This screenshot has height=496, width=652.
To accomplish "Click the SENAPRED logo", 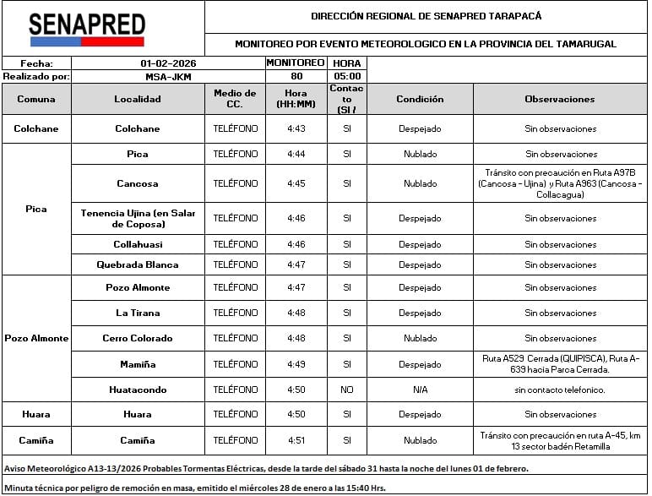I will pyautogui.click(x=86, y=29).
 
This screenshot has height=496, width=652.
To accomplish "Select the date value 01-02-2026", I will pyautogui.click(x=167, y=63).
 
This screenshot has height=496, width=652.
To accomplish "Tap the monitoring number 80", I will pyautogui.click(x=296, y=76).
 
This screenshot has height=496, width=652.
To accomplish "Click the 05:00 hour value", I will pyautogui.click(x=346, y=76).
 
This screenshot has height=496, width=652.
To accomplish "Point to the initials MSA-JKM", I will pyautogui.click(x=167, y=76).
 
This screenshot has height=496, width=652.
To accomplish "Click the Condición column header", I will pyautogui.click(x=420, y=99).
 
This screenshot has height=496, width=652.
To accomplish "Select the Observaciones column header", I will pyautogui.click(x=559, y=99).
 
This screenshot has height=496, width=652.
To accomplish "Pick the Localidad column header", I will pyautogui.click(x=138, y=99).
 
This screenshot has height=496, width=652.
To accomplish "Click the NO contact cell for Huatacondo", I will pyautogui.click(x=346, y=390).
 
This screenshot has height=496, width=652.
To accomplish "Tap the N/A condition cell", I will pyautogui.click(x=420, y=390).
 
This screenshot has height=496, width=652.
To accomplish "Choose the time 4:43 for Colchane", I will pyautogui.click(x=296, y=129).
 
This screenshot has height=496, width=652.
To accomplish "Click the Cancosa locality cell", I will pyautogui.click(x=138, y=183).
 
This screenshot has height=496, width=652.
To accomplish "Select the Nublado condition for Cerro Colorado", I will pyautogui.click(x=420, y=338).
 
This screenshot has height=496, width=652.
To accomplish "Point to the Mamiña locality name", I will pyautogui.click(x=138, y=364).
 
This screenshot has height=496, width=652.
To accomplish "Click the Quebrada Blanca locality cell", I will pyautogui.click(x=138, y=264).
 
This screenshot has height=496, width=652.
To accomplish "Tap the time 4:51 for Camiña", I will pyautogui.click(x=296, y=440).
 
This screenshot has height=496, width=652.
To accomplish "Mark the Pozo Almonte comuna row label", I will pyautogui.click(x=36, y=338).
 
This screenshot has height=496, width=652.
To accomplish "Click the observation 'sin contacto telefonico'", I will pyautogui.click(x=559, y=390).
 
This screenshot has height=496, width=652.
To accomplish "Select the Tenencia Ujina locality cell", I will pyautogui.click(x=138, y=218).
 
